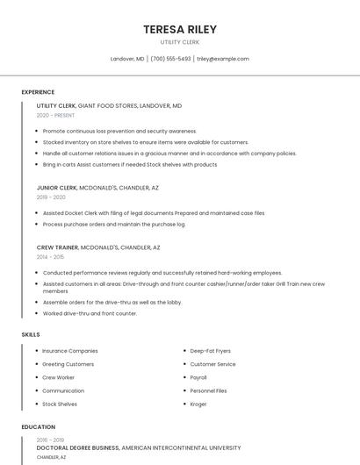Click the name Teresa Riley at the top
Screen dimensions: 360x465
(180, 29)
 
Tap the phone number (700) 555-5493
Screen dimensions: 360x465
(170, 59)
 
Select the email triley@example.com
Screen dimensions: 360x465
(223, 59)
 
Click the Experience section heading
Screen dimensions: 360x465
(38, 92)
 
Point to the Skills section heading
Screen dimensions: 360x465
(31, 334)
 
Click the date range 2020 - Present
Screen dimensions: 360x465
(55, 115)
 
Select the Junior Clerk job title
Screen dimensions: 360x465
(57, 188)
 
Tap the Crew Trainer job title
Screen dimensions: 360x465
(58, 247)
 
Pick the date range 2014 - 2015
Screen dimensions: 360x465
(50, 257)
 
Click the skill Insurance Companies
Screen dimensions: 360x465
(70, 351)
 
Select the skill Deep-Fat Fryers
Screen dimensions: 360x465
(211, 351)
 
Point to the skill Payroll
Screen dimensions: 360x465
(198, 377)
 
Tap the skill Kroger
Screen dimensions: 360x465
(199, 404)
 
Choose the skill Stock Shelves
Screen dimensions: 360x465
(60, 404)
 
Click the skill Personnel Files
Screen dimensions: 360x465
(208, 390)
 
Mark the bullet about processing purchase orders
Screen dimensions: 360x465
(114, 224)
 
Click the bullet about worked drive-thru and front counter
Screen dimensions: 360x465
(90, 313)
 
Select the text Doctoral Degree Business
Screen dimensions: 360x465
(78, 447)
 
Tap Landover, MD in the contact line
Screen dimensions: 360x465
(127, 59)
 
